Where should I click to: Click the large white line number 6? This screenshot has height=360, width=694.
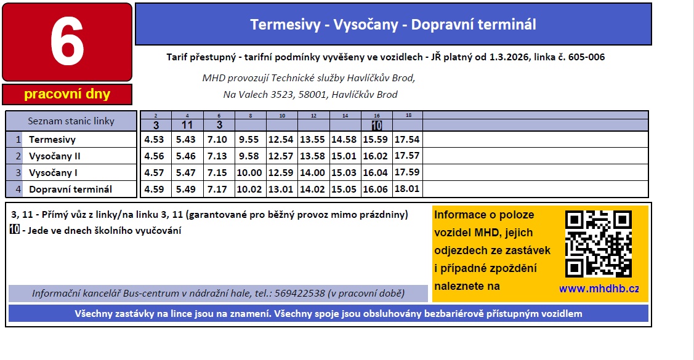67,42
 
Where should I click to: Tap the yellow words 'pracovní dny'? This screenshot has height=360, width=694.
67,94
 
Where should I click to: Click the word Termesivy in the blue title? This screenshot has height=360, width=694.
286,25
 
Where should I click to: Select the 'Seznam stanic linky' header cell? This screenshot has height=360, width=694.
71,121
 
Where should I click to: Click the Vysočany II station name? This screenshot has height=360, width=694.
54,156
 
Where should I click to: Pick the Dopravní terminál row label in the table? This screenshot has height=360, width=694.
70,190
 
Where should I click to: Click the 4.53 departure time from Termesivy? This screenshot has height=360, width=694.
154,139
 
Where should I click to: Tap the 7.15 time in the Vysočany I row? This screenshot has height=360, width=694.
217,172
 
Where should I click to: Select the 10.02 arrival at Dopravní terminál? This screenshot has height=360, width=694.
249,190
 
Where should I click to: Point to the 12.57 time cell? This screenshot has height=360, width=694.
281,156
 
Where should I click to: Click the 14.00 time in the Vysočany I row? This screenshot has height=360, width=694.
312,172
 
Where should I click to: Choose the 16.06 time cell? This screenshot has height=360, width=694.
376,190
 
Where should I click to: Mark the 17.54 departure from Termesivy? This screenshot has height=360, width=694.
407,139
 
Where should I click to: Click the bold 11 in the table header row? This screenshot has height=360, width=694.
187,125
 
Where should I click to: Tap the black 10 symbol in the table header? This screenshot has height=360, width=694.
377,126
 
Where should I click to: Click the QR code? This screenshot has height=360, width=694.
599,244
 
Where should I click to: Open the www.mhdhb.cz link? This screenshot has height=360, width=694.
599,289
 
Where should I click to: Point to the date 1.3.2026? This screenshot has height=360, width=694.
510,57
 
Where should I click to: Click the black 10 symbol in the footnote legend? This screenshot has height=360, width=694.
15,229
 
